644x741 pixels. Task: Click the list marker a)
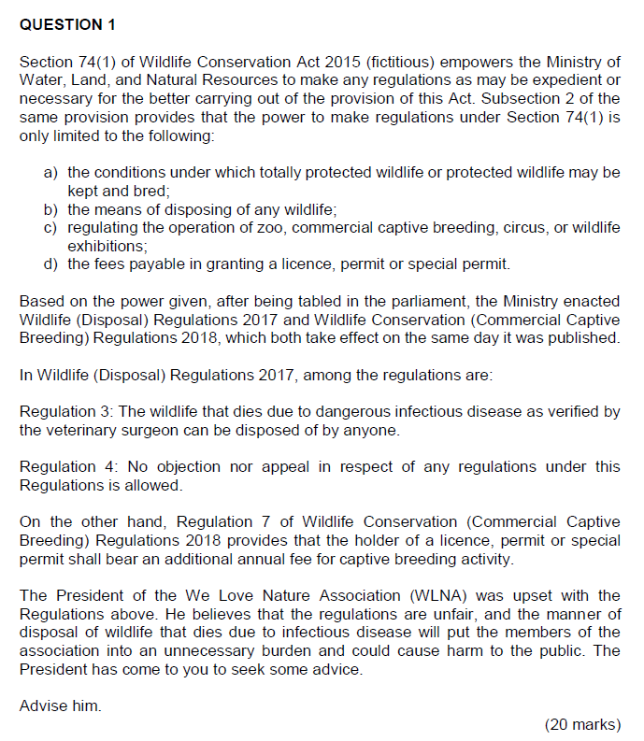(51, 173)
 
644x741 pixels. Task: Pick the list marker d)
(51, 264)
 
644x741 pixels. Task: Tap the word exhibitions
(107, 246)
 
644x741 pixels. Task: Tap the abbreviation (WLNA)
(448, 595)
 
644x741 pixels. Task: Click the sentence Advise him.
(60, 705)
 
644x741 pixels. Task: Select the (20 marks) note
(581, 724)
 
